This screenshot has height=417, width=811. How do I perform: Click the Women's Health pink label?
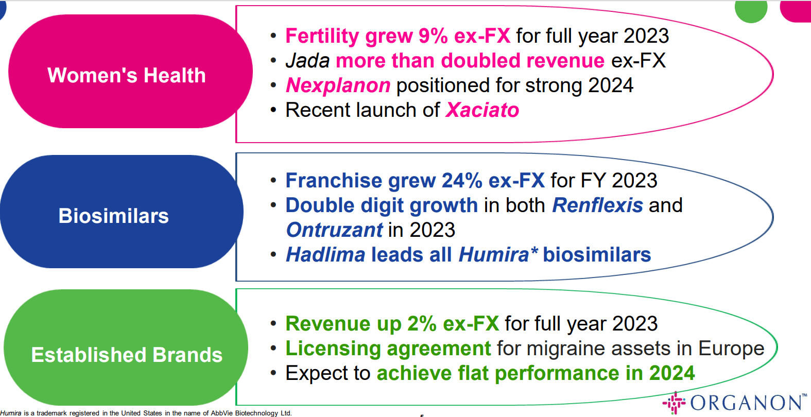point(127,75)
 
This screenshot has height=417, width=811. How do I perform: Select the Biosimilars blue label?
point(114,216)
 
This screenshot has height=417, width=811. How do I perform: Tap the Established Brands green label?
point(127,355)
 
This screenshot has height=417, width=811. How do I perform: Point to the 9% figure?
point(433,36)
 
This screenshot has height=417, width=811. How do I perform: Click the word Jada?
point(307,61)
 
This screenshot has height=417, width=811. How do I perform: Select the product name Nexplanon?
point(338,85)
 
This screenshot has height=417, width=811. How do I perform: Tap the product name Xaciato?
point(482,110)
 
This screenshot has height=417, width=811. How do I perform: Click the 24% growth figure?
point(462,181)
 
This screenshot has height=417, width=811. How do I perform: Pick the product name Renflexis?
point(597,205)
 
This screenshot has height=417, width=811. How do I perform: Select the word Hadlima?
point(325,255)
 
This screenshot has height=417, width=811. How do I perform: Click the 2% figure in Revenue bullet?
point(422,324)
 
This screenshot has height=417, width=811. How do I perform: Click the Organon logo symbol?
point(674,403)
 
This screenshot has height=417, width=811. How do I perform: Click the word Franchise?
point(334,181)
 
